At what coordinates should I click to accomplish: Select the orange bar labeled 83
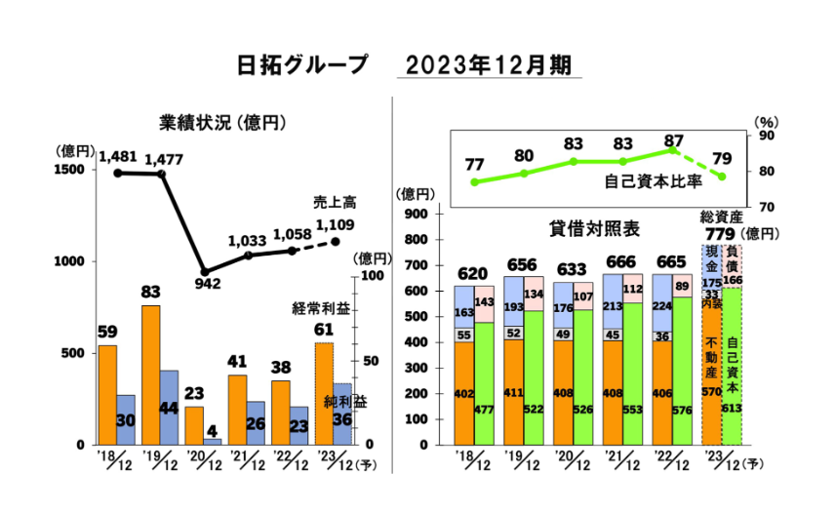[x=151, y=375]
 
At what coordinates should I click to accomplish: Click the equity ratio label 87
[x=673, y=141]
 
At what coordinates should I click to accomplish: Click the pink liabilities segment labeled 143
[x=484, y=303]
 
